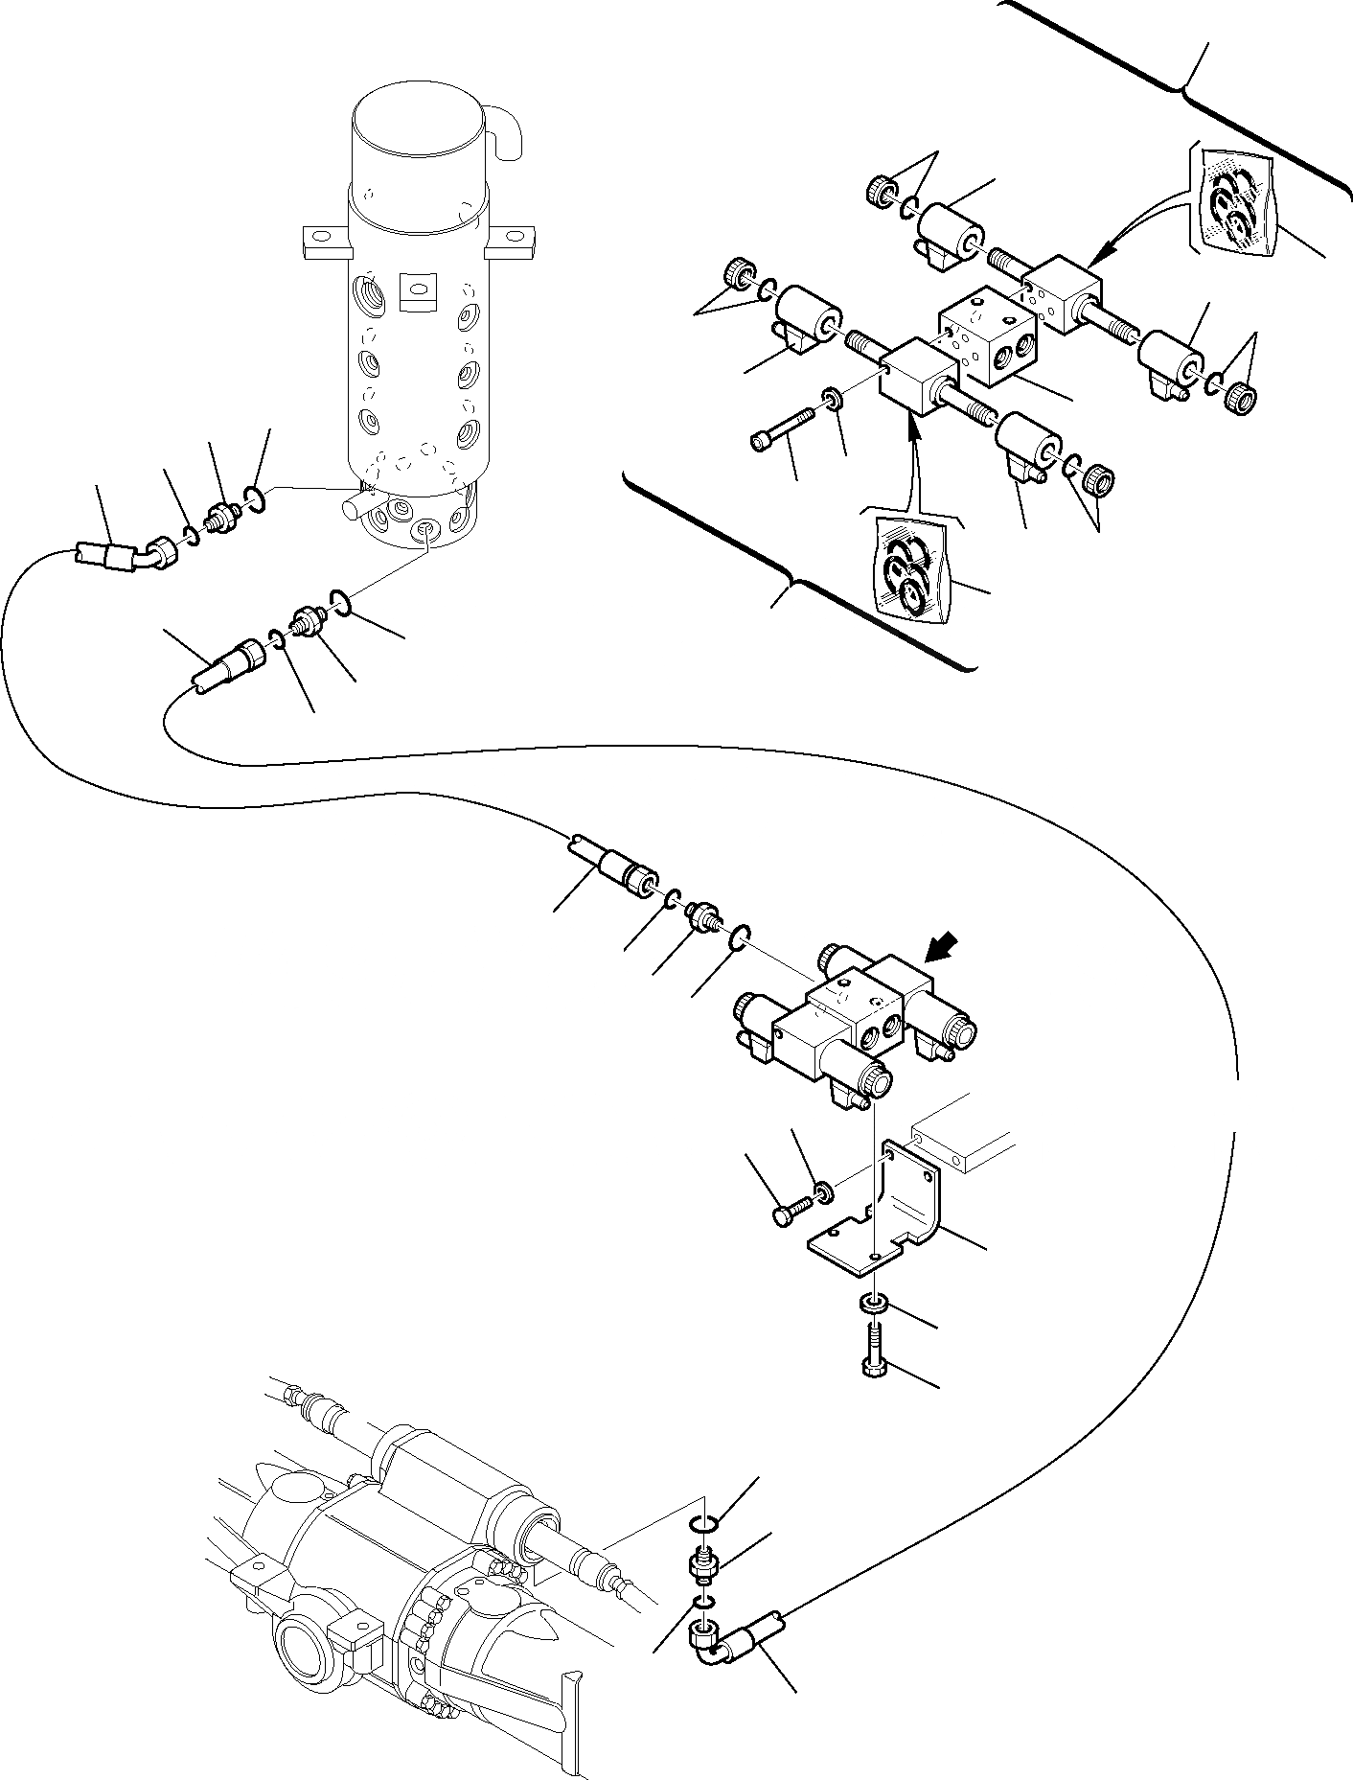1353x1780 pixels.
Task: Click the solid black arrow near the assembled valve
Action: click(x=937, y=949)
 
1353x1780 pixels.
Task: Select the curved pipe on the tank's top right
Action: click(x=504, y=129)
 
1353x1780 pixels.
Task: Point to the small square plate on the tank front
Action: click(x=417, y=292)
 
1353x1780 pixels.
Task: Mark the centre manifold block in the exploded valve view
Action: click(x=986, y=335)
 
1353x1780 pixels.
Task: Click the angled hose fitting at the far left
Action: click(x=125, y=556)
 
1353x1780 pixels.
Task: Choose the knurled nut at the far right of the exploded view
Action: click(x=1242, y=396)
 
